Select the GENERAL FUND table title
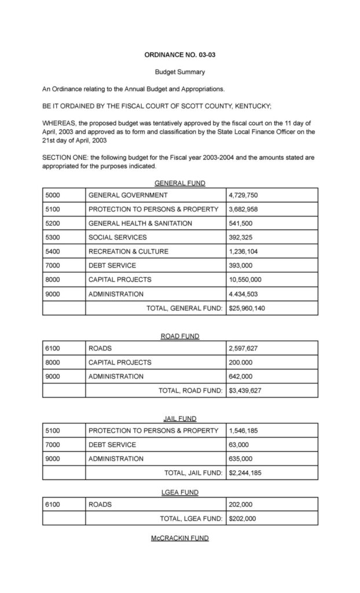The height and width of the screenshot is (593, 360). click(x=180, y=183)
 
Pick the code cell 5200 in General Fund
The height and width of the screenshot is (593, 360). click(x=53, y=223)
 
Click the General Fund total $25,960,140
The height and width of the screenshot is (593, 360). click(x=247, y=308)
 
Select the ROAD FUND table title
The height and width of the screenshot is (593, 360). click(x=180, y=336)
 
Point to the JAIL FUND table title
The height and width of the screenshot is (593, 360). click(x=180, y=418)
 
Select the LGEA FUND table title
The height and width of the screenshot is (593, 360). click(x=180, y=492)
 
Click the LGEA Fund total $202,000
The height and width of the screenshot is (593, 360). click(x=243, y=518)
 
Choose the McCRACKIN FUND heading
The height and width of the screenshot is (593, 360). click(x=180, y=538)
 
